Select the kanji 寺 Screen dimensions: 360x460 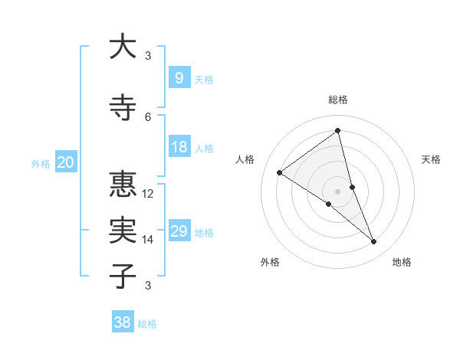(x=123, y=108)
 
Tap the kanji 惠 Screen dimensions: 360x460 (x=123, y=185)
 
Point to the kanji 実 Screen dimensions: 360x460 (x=123, y=231)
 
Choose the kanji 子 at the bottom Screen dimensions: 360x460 (x=123, y=276)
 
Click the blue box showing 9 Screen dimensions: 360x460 (x=179, y=77)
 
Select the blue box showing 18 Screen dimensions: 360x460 (x=179, y=147)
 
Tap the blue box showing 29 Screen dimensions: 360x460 (x=179, y=231)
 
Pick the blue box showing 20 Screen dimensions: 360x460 (x=66, y=162)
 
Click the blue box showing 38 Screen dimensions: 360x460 (x=123, y=322)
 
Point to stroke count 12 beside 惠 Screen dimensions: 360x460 (x=148, y=193)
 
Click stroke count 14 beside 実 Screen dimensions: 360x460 (x=148, y=240)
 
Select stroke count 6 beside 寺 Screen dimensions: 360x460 (x=148, y=116)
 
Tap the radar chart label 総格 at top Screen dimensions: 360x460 (x=338, y=100)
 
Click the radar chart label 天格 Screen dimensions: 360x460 (x=432, y=159)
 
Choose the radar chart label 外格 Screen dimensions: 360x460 (x=270, y=262)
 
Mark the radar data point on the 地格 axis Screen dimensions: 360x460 (x=374, y=242)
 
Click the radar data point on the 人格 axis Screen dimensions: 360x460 (x=280, y=172)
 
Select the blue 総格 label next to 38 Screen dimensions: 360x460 (x=147, y=324)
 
